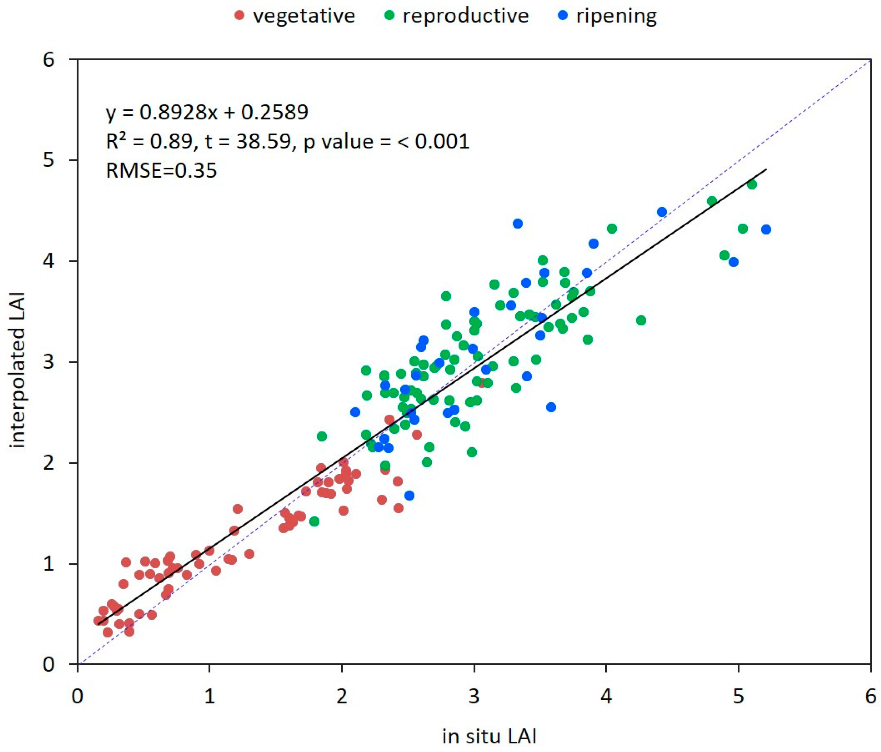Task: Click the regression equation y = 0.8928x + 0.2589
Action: point(207,112)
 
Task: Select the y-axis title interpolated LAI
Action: point(18,370)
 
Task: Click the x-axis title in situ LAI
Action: point(489,736)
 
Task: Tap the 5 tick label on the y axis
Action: point(49,160)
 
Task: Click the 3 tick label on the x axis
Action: point(474,697)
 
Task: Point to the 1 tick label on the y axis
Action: point(49,564)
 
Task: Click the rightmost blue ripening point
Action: point(766,230)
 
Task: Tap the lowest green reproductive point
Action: point(314,521)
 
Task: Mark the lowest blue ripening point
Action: point(409,495)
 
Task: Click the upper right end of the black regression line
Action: point(766,170)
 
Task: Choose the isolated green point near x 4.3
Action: point(641,320)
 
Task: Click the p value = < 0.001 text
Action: point(386,141)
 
